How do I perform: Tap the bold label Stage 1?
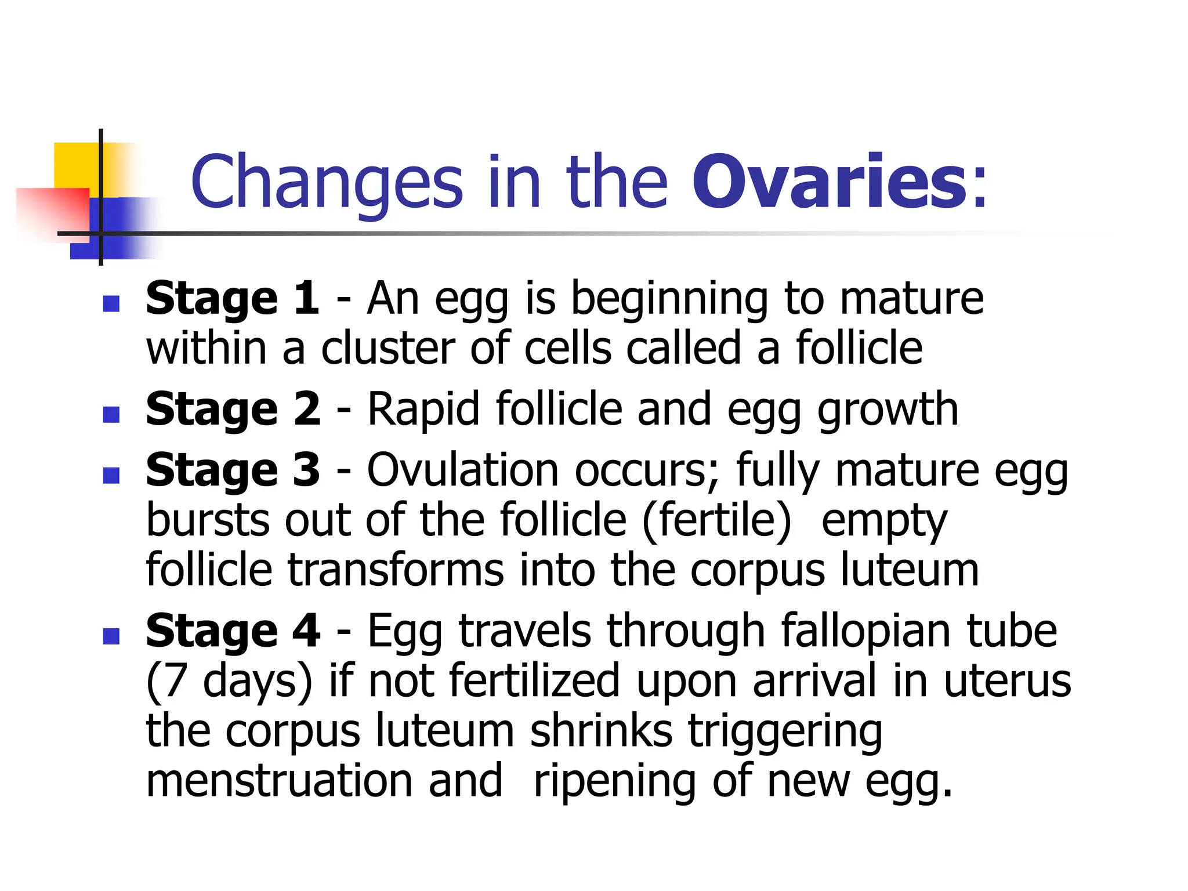coord(232,298)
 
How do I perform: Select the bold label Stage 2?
coord(233,409)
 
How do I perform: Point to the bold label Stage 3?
coord(233,470)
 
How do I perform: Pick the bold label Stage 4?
coord(233,631)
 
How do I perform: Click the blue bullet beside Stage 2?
coord(111,414)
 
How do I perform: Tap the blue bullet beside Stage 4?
coord(111,636)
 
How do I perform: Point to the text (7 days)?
coord(229,682)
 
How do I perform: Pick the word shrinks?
coord(601,731)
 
